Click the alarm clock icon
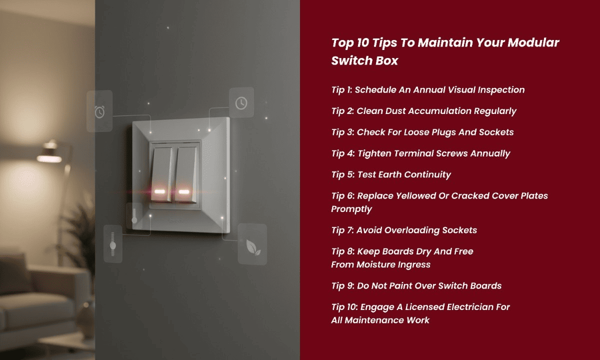[x=99, y=111]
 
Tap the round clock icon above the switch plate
[x=241, y=103]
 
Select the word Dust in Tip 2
[x=393, y=111]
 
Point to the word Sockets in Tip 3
[x=496, y=132]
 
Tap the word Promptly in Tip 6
[x=351, y=208]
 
